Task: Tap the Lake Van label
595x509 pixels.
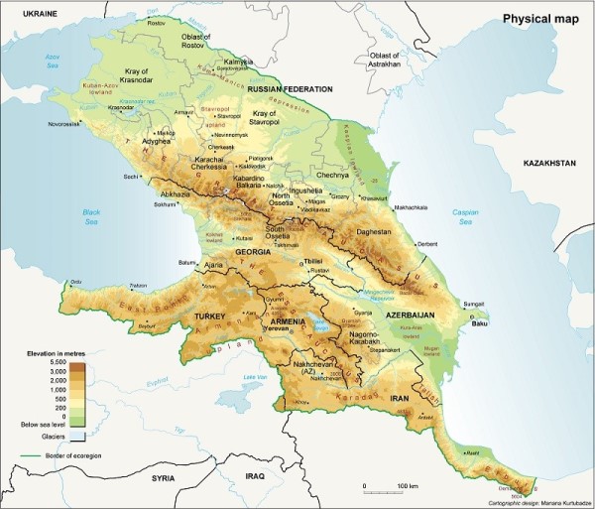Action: coord(256,377)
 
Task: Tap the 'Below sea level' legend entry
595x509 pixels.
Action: coord(43,424)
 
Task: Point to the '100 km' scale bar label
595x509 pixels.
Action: coord(408,486)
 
